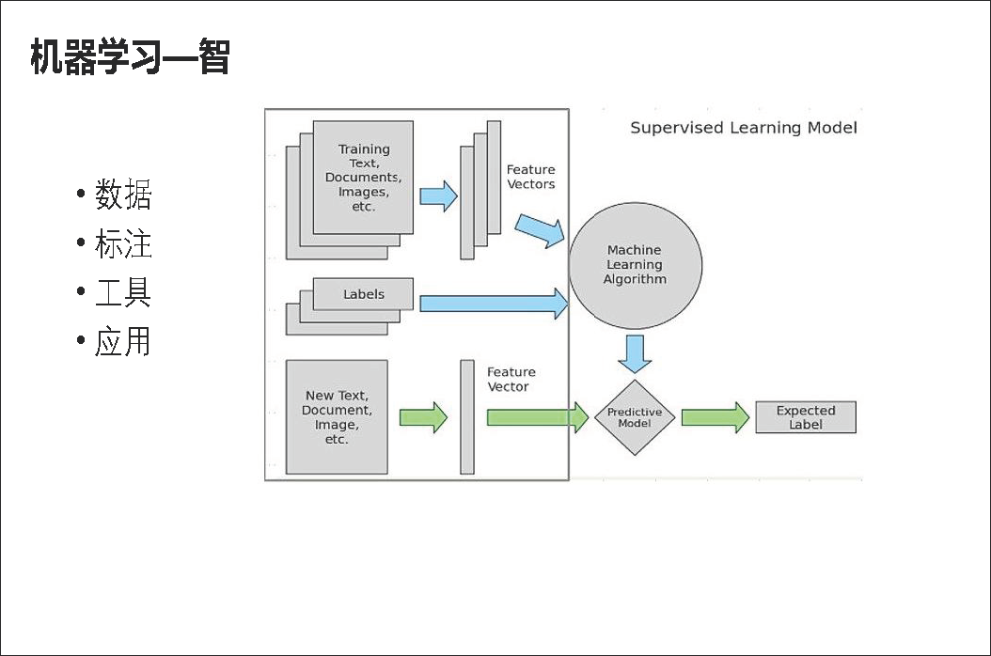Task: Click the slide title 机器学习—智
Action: point(130,57)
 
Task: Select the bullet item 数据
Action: point(122,195)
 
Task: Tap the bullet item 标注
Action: point(122,244)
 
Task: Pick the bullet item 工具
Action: point(122,293)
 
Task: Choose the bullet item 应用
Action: point(122,341)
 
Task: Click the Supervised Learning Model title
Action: point(743,128)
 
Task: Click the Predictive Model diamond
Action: point(635,418)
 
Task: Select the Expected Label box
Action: point(806,417)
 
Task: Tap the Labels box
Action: point(363,294)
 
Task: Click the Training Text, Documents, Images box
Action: point(363,178)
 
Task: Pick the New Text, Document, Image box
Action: point(337,417)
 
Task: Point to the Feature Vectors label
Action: point(531,177)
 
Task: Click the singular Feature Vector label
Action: point(511,380)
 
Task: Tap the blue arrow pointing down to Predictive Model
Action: point(636,354)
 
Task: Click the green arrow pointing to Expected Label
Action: point(715,417)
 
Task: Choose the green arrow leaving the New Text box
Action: point(423,417)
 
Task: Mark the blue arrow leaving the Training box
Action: point(438,196)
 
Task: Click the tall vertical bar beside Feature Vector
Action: point(467,416)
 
